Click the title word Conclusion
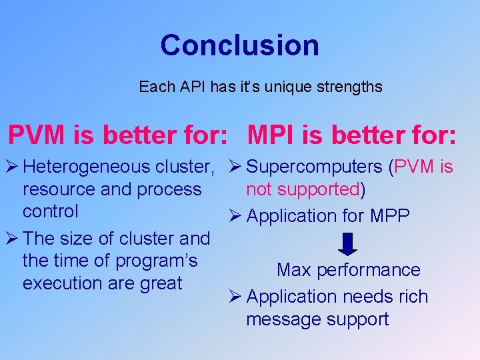point(239,45)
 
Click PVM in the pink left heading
point(36,135)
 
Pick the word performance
point(368,270)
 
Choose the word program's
point(164,261)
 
